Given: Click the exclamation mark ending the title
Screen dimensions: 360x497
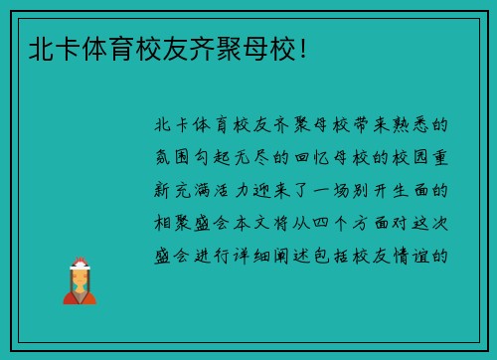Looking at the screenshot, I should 301,47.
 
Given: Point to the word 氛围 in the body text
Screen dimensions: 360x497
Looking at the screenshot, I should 176,158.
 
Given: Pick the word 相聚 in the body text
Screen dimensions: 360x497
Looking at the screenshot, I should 176,222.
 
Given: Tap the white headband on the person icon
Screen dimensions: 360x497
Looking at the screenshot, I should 80,264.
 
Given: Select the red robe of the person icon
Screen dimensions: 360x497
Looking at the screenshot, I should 80,294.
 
